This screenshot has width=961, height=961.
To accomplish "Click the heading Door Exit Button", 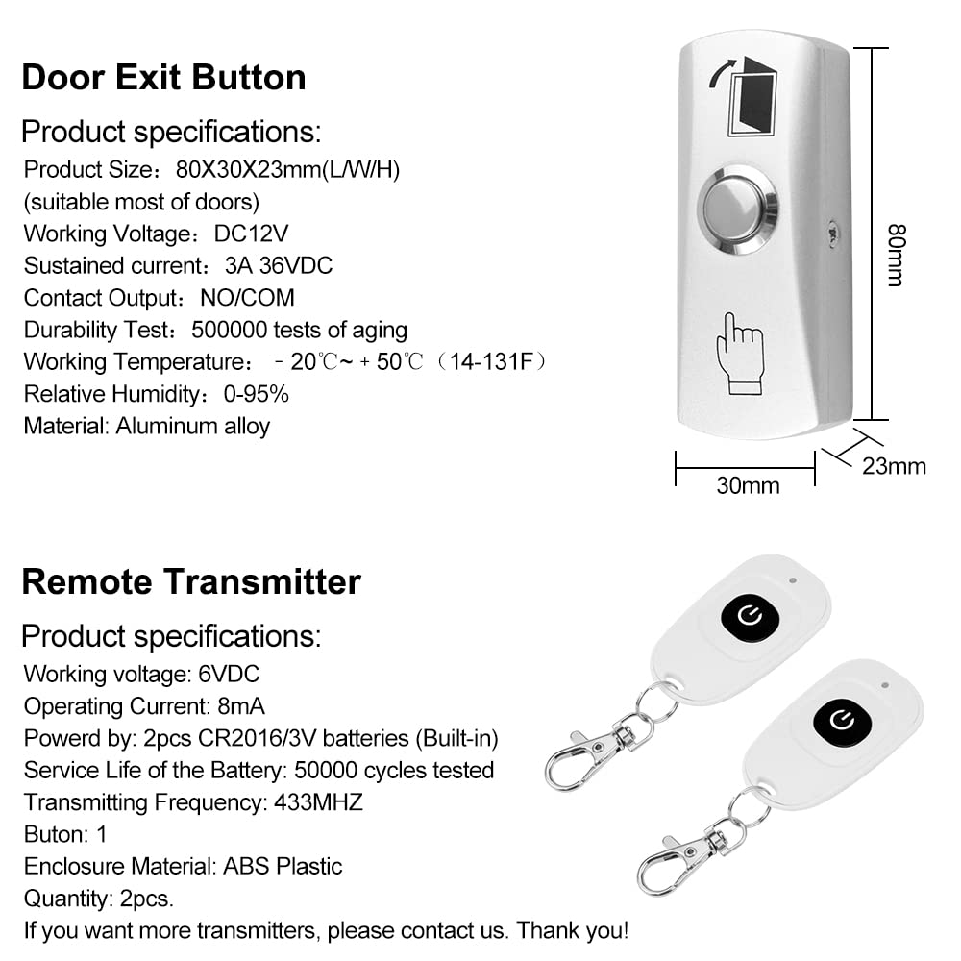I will point(163,77).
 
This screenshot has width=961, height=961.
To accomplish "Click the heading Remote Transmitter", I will point(191,581).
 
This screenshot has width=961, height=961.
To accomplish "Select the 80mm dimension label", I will point(895,256).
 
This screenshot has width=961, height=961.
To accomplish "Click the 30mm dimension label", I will point(748,485).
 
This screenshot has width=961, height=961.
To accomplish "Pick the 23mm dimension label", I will point(894,466).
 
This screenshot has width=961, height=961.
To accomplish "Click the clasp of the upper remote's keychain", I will point(581,754).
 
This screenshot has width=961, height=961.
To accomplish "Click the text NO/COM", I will point(247,298).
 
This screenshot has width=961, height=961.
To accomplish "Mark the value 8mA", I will point(235,706).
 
